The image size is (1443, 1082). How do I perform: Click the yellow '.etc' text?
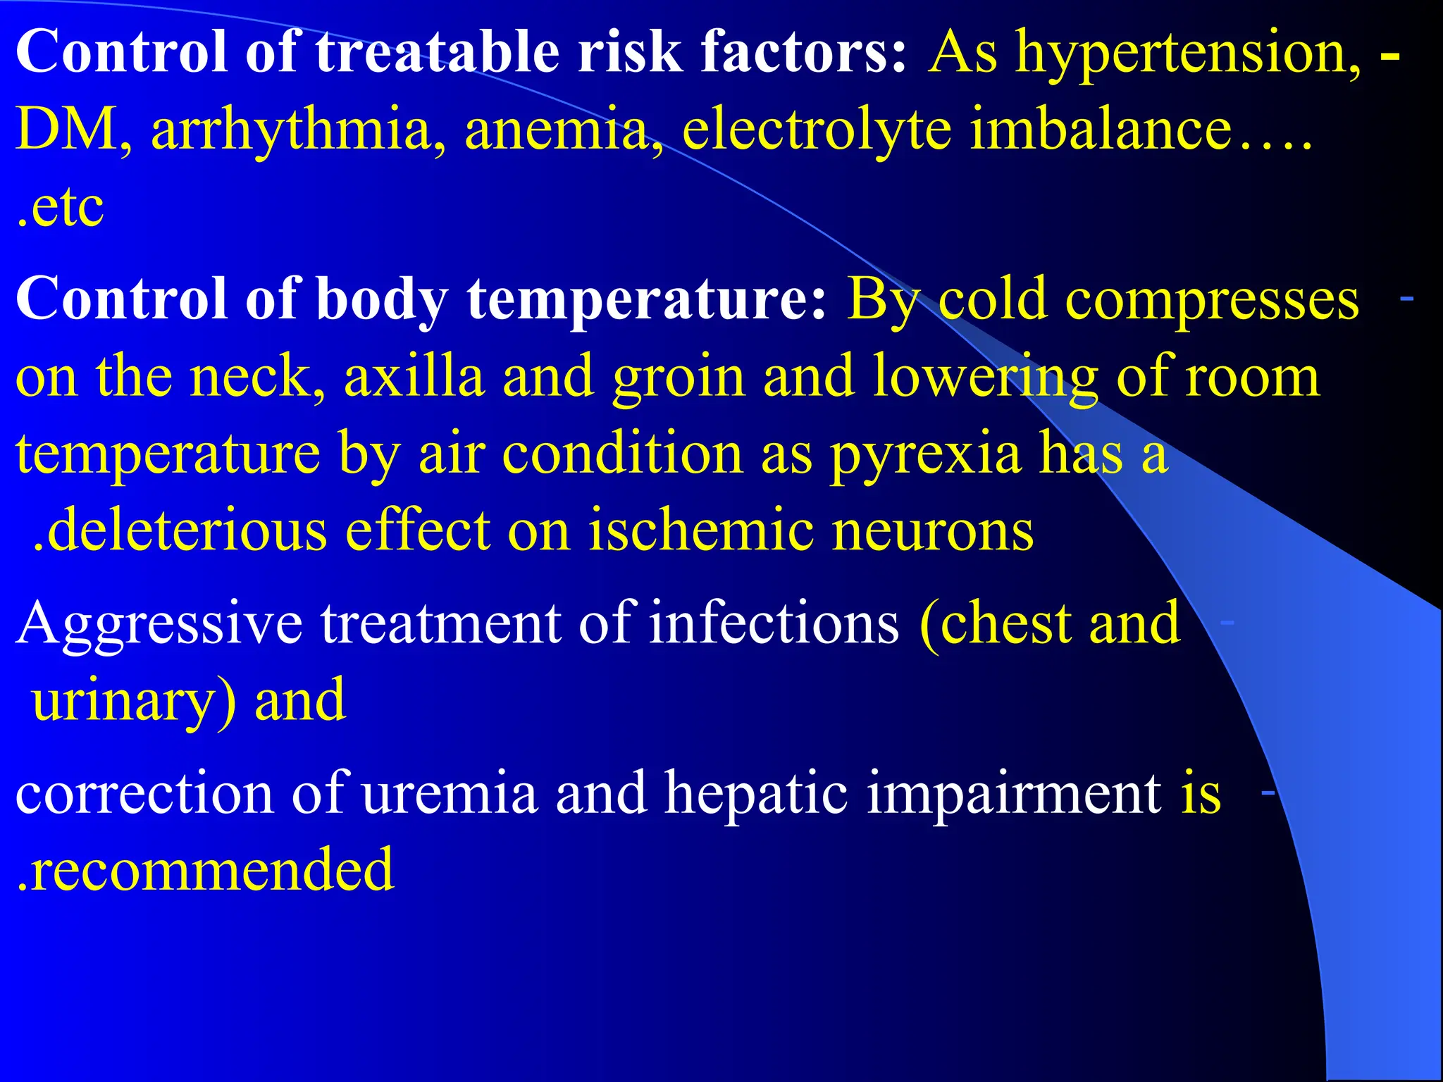[61, 207]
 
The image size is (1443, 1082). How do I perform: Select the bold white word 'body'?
[381, 300]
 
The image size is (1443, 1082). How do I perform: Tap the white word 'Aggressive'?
[159, 624]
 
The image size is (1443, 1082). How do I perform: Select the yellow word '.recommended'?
[205, 871]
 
